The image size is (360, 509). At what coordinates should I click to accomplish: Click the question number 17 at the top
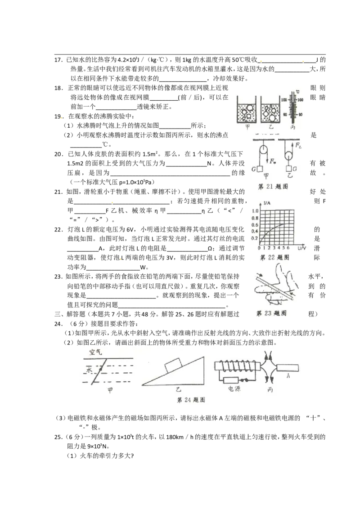58,60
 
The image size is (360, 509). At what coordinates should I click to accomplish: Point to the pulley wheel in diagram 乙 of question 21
288,155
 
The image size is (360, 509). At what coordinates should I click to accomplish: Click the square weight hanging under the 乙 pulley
289,169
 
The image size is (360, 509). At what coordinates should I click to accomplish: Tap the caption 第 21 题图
273,187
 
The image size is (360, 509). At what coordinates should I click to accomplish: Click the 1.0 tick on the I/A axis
255,211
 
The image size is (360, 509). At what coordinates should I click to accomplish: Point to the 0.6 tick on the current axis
255,225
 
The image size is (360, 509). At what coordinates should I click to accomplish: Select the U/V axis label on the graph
302,248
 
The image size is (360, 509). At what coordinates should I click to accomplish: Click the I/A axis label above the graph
267,203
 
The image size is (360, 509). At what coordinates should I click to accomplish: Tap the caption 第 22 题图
274,257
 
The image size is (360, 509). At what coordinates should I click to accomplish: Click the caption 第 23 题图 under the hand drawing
272,313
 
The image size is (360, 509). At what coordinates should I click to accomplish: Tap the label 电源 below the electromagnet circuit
234,388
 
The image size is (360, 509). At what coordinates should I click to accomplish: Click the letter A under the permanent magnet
288,376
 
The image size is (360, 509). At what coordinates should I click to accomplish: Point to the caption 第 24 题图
191,400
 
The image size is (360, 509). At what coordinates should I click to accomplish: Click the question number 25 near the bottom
58,437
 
